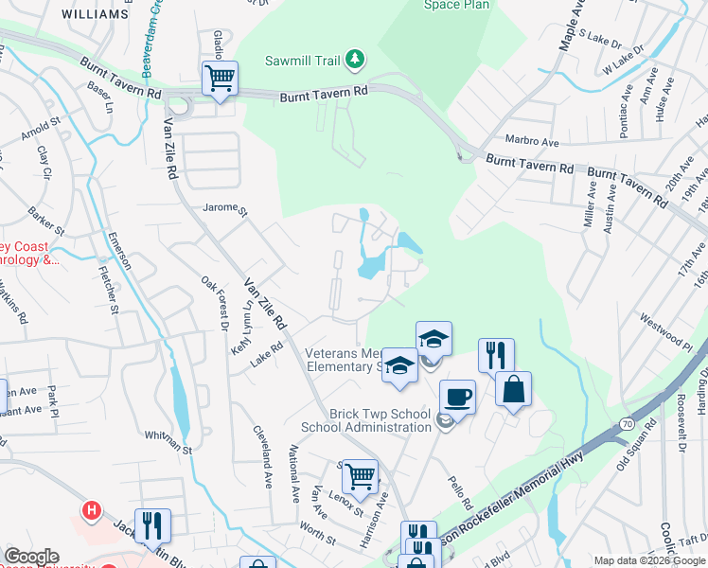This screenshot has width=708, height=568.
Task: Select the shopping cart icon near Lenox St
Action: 360,477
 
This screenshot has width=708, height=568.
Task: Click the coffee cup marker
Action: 457,397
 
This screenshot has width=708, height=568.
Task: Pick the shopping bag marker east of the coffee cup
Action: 513,389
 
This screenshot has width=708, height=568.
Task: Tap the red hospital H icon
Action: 91,511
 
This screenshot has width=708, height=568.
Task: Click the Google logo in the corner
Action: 30,557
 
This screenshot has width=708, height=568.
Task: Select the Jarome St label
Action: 224,208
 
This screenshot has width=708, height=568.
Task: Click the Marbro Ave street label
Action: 533,141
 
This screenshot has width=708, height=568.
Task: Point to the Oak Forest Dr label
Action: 215,304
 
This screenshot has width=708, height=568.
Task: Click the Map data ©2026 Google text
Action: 648,560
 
